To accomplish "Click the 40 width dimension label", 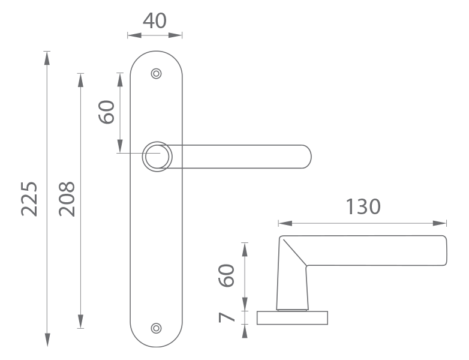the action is click(x=155, y=20).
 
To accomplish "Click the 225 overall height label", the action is click(x=29, y=199).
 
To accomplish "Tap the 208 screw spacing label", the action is click(x=67, y=199).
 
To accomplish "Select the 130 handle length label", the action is click(x=363, y=206).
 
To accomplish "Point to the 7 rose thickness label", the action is click(x=227, y=317).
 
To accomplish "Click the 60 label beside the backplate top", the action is click(x=106, y=112).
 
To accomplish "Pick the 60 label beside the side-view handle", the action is click(x=227, y=275).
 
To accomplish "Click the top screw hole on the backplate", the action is click(x=156, y=73).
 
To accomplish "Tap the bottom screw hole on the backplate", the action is click(x=156, y=328).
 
